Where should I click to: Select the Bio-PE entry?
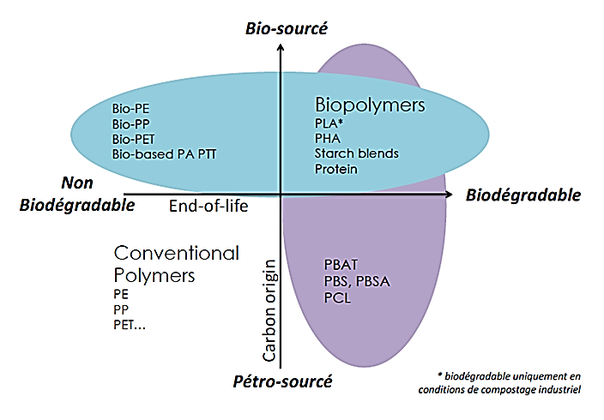point(131,109)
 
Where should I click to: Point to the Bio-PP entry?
point(131,123)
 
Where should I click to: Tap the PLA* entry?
point(329,123)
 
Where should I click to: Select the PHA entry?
point(328,138)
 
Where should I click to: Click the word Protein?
point(335,169)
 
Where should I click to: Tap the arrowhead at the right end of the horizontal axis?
point(451,195)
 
